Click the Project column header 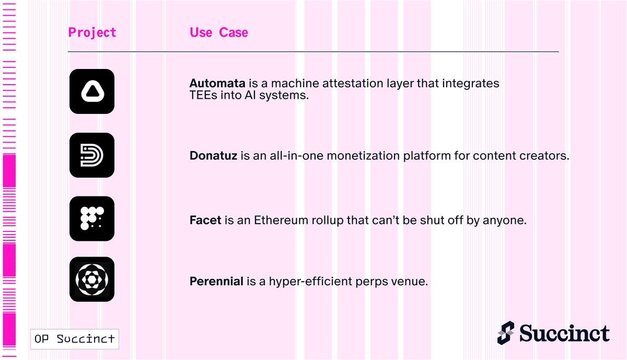point(92,32)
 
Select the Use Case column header point(219,32)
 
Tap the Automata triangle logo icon point(92,91)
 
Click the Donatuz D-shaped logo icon point(92,155)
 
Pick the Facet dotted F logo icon point(92,218)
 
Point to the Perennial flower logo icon point(92,280)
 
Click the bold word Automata point(217,84)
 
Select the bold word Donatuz point(213,156)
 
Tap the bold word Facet point(205,220)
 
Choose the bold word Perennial point(216,281)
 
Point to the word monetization point(363,156)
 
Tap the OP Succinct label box point(75,339)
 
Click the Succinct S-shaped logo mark point(506,333)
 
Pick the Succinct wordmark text point(565,333)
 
